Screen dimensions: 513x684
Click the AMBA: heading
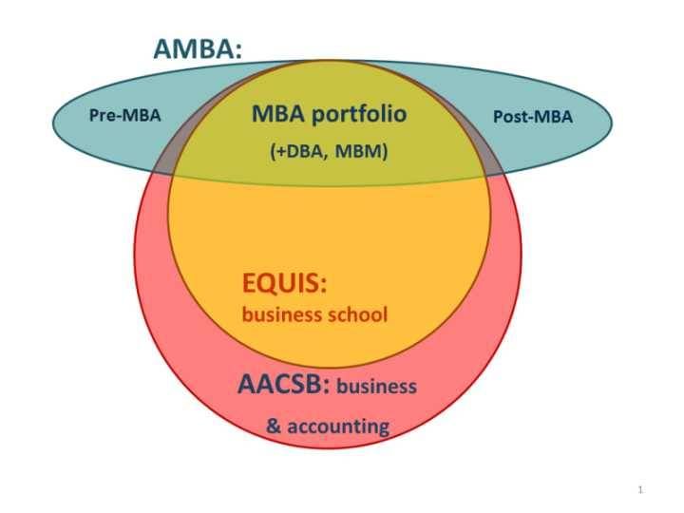197,50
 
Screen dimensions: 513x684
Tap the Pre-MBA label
124,116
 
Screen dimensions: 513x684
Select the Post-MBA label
533,117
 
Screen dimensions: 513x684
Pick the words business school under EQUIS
315,314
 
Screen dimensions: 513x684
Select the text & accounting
328,426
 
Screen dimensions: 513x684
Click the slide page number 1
642,489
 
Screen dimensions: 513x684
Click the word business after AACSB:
377,387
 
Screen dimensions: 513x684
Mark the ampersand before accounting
274,426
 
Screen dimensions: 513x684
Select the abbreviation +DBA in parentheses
297,150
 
